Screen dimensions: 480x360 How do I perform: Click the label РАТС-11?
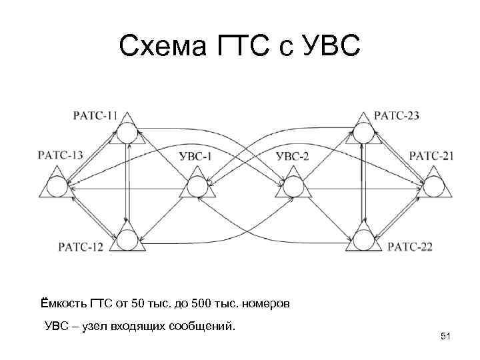click(95, 115)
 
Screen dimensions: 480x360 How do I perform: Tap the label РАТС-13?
click(61, 155)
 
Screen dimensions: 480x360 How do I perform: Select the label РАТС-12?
click(80, 247)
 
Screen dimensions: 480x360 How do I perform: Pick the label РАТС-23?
click(397, 115)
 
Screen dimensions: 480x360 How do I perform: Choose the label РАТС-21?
click(431, 156)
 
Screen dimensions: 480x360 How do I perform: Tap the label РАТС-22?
click(410, 247)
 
